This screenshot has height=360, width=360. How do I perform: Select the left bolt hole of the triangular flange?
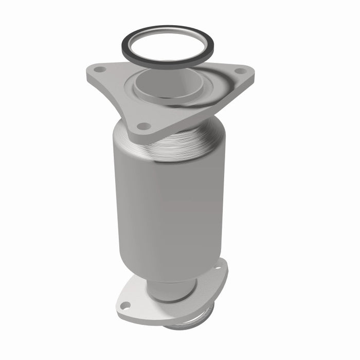click(x=100, y=69)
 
